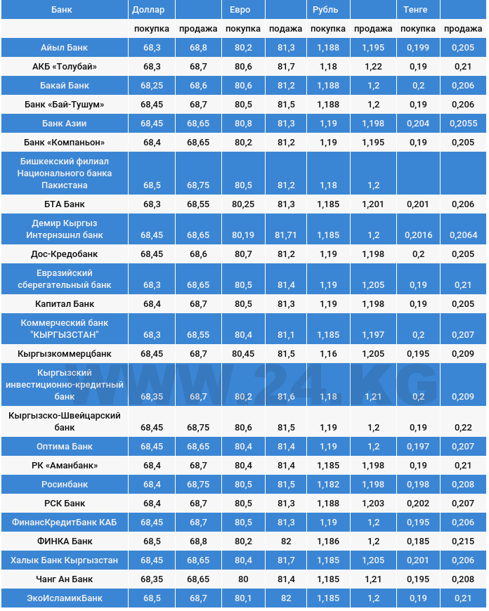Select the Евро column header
point(240,10)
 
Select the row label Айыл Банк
point(64,48)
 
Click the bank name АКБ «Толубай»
point(64,67)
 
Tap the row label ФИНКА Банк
point(64,541)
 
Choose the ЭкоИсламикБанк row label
point(64,598)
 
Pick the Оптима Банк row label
point(64,447)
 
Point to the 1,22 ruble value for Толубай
point(373,67)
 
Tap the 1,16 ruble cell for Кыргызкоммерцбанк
point(328,354)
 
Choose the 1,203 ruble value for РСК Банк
point(373,504)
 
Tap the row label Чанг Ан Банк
point(64,579)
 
